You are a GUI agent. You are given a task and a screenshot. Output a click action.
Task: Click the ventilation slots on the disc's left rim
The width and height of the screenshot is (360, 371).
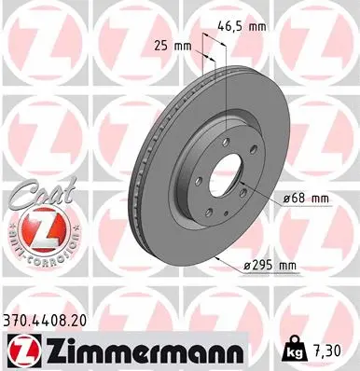(147, 177)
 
